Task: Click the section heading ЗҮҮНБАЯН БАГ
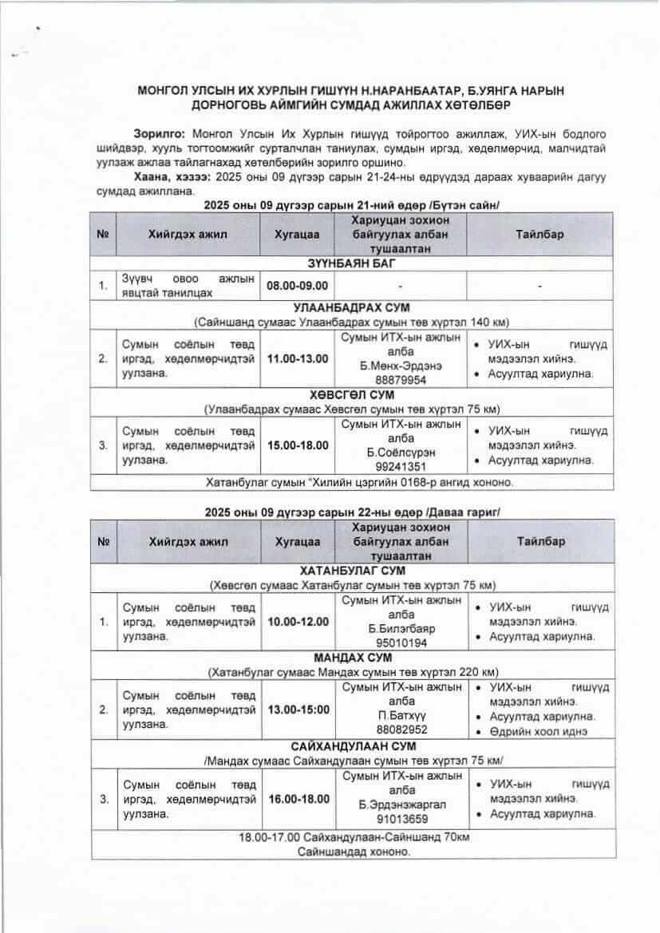352,263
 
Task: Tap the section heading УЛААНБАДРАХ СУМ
352,307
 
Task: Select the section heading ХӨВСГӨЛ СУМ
352,395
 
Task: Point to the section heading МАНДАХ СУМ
352,658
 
